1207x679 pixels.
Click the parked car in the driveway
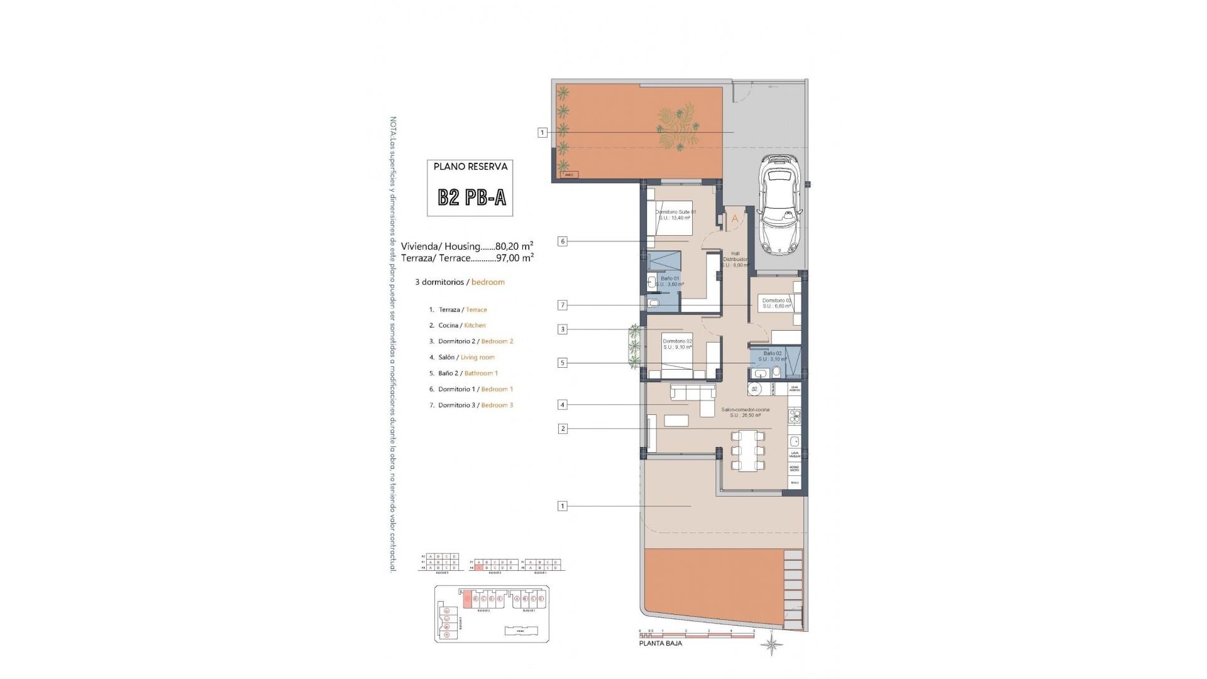coord(778,206)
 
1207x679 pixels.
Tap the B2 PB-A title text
coord(471,197)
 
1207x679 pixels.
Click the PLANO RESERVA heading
coord(470,167)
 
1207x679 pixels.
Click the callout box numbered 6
coord(563,241)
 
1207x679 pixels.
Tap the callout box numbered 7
coord(563,306)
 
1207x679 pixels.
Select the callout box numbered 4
coord(563,405)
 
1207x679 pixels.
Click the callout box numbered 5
coord(563,363)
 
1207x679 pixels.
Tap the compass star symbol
coord(772,644)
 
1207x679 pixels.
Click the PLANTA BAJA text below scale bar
coord(660,643)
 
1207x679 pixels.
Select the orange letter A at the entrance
coord(735,219)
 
